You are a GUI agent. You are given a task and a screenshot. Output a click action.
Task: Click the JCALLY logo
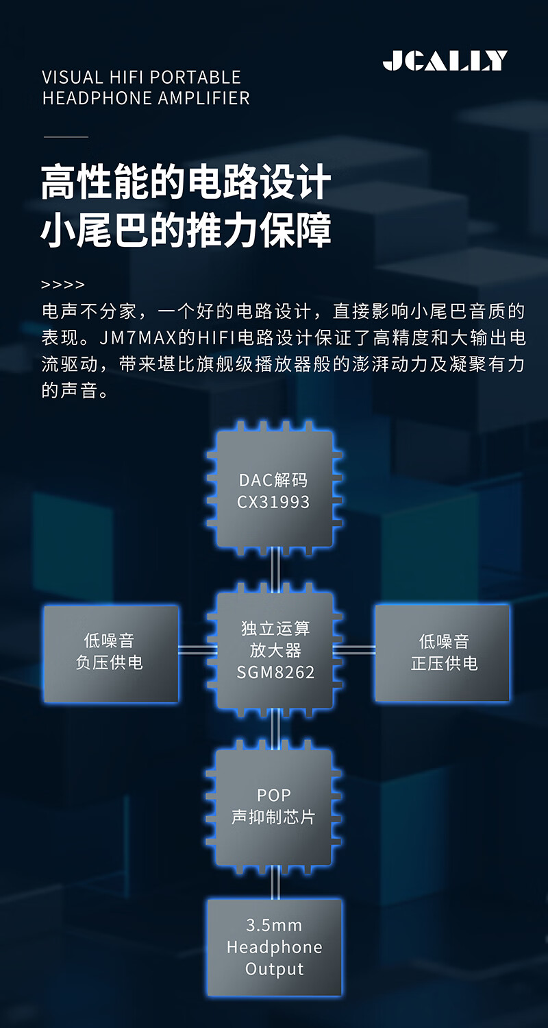[x=445, y=61]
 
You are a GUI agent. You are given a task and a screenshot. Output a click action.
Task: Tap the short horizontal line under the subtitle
[x=66, y=137]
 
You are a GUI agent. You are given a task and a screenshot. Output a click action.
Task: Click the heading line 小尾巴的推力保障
[x=186, y=230]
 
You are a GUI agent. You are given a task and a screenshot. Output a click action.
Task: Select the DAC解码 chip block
[x=274, y=489]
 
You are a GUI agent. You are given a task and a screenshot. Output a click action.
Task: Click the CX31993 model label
[x=274, y=502]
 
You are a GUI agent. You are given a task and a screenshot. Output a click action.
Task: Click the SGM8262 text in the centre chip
[x=275, y=672]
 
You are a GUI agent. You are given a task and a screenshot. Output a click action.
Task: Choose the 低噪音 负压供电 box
[x=111, y=653]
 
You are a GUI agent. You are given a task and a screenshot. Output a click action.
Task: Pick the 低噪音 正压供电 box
[x=443, y=653]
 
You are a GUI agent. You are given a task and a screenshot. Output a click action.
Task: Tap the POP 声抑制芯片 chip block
[x=274, y=806]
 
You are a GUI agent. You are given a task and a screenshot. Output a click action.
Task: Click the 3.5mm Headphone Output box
[x=274, y=947]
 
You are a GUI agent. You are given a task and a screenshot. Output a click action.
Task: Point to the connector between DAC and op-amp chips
[x=275, y=569]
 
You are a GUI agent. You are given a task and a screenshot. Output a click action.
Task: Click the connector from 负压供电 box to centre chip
[x=197, y=649]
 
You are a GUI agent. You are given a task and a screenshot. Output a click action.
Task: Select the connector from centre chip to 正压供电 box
[x=354, y=649]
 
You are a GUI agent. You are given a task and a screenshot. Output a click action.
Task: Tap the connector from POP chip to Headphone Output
[x=275, y=882]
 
